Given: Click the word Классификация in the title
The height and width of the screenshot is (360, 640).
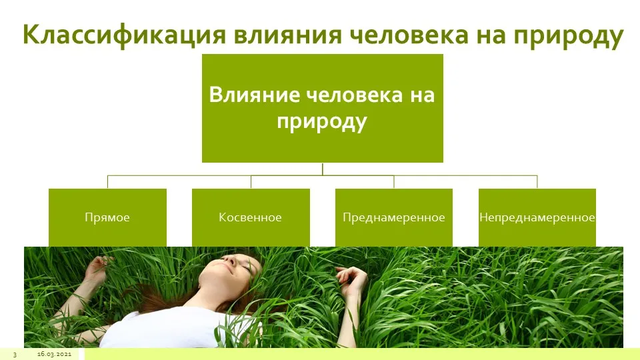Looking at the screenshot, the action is point(124,35).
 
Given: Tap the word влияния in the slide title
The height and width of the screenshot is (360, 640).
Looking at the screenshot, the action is point(287,35).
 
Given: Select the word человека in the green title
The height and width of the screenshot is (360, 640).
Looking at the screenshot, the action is point(409,35).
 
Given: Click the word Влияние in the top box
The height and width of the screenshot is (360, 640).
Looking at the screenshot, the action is point(253,94).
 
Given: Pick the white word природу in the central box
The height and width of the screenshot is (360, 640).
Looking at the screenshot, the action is point(322,122).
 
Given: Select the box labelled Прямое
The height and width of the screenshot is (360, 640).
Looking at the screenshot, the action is point(107,217).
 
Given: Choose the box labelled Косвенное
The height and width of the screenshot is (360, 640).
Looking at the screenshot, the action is point(251,217).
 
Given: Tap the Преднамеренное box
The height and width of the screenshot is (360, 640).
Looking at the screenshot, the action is point(394,217).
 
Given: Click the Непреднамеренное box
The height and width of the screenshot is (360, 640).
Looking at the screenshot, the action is point(537,217).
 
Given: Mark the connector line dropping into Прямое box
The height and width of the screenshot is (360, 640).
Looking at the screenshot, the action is point(108,182).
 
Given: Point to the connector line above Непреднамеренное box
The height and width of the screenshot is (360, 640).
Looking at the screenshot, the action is point(537,182).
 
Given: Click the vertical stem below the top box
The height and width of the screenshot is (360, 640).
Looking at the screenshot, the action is point(323,169).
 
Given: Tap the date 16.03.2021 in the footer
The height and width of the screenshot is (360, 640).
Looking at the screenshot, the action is point(54,354).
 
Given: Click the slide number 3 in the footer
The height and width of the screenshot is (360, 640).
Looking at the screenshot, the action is point(15,354).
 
